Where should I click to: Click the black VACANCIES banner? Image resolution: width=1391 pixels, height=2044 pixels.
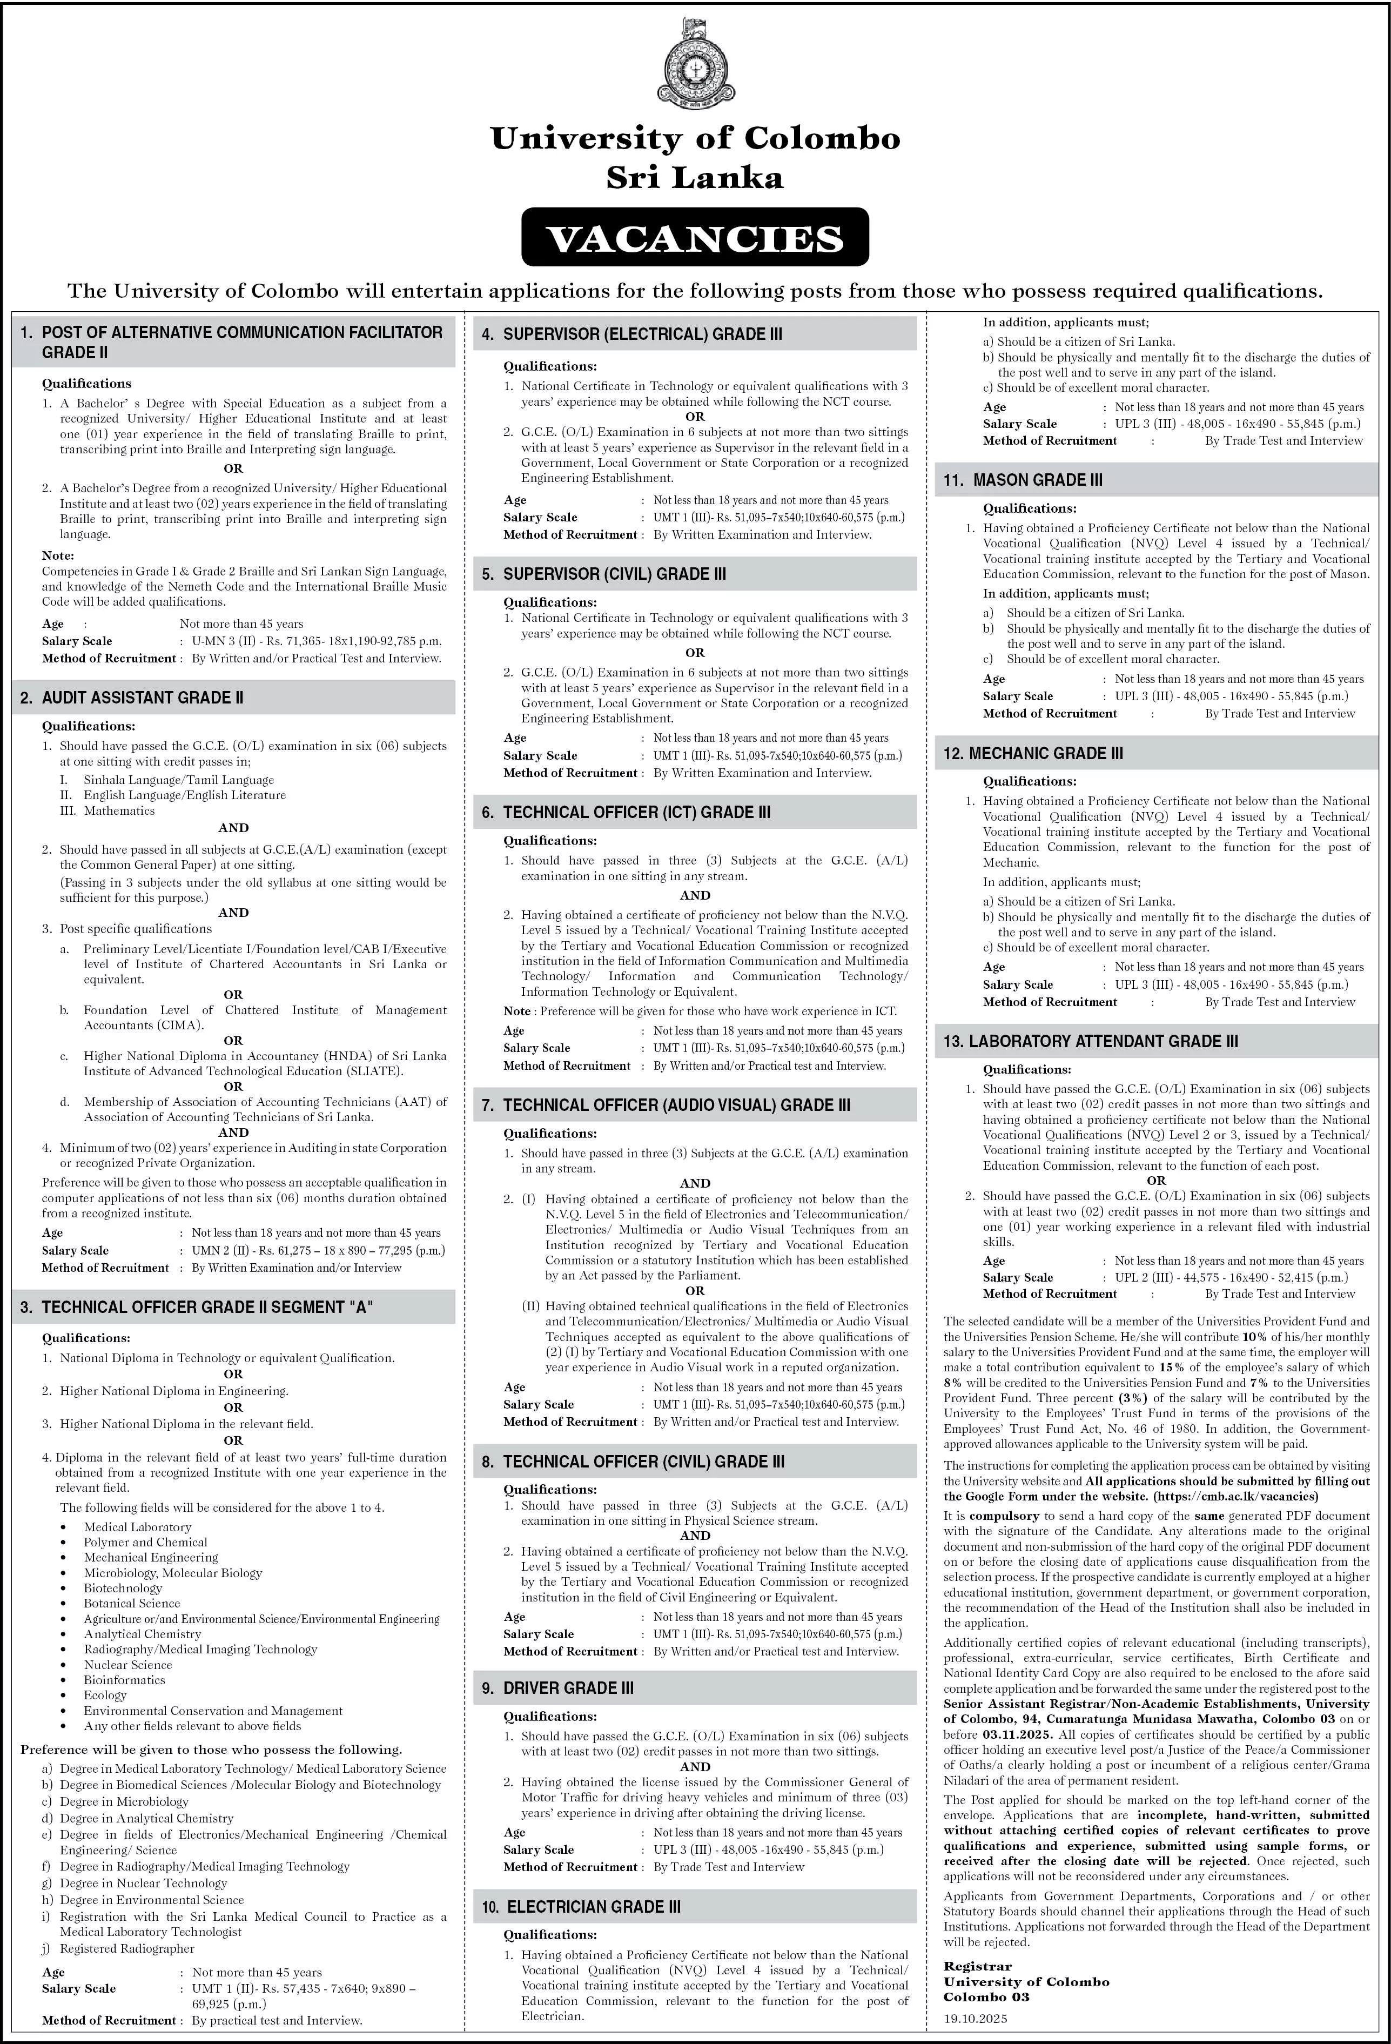[x=695, y=238]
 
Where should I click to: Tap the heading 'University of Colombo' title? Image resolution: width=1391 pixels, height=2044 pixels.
[x=695, y=139]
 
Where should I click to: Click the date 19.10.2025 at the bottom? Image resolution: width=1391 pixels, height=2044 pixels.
[x=975, y=2019]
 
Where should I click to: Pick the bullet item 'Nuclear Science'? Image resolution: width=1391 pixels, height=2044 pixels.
[x=129, y=1665]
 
